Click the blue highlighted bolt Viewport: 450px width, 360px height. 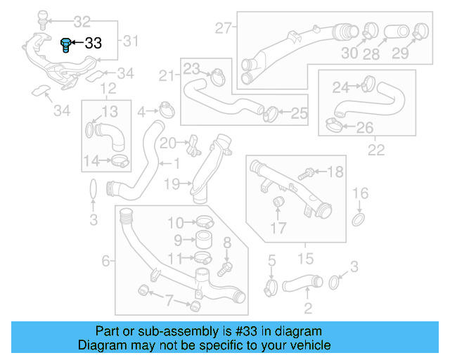[x=66, y=45]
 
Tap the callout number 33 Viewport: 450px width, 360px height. [x=93, y=43]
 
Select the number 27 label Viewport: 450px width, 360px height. [x=223, y=29]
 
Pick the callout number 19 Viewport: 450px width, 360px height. [x=172, y=184]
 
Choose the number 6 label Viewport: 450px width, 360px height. [x=105, y=261]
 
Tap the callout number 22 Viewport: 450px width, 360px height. [x=376, y=150]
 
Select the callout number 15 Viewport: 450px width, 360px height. [x=306, y=259]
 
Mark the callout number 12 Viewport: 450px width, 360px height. [x=108, y=88]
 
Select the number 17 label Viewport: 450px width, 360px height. [x=279, y=228]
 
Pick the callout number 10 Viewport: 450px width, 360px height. [x=175, y=224]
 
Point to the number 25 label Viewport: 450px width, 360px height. [x=299, y=112]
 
